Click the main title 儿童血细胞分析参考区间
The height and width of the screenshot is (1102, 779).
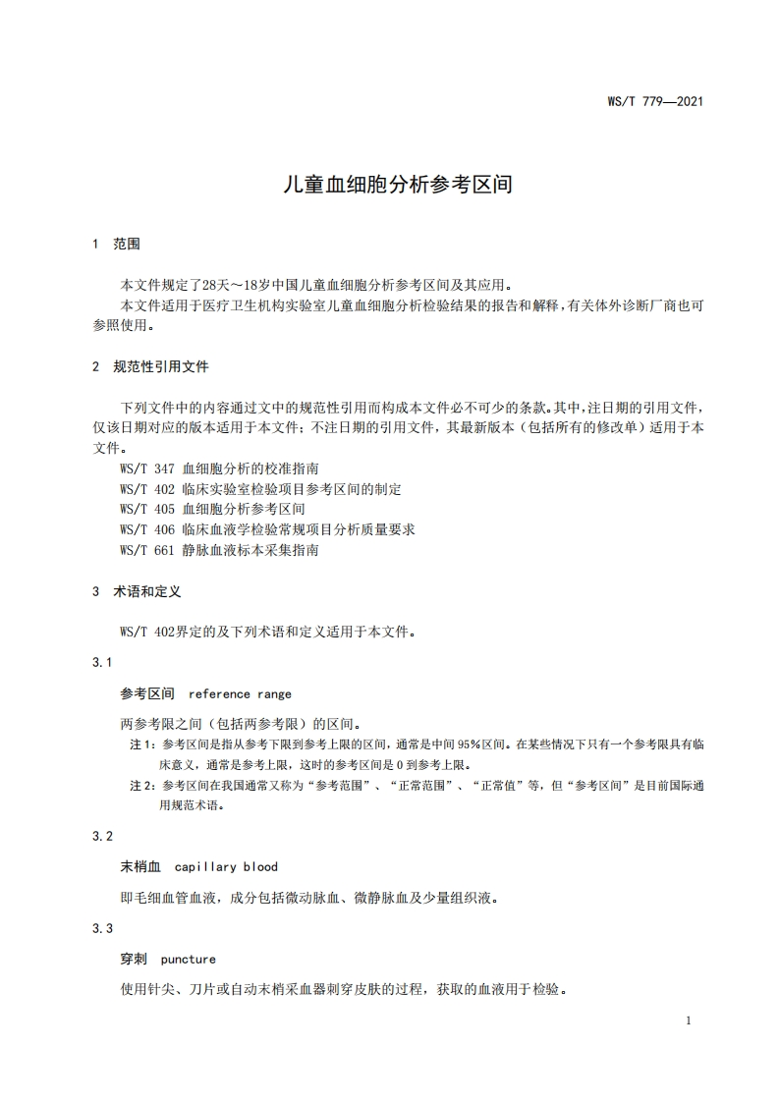pyautogui.click(x=389, y=184)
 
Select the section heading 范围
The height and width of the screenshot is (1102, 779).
pyautogui.click(x=127, y=243)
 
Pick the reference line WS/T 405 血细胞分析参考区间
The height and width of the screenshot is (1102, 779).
pyautogui.click(x=211, y=509)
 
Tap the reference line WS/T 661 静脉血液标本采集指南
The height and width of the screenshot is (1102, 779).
pyautogui.click(x=218, y=550)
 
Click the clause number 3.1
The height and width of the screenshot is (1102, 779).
pyautogui.click(x=102, y=663)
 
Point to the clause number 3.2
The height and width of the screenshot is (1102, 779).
pyautogui.click(x=102, y=836)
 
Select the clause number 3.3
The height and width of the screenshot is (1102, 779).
pyautogui.click(x=102, y=928)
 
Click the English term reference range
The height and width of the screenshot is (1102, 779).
pyautogui.click(x=240, y=694)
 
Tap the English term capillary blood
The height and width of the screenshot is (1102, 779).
pyautogui.click(x=226, y=866)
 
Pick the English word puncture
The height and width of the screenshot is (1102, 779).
pyautogui.click(x=188, y=959)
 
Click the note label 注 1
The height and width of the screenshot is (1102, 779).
pyautogui.click(x=143, y=744)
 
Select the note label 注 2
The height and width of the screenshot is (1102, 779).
pyautogui.click(x=143, y=786)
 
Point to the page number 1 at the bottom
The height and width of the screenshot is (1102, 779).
pyautogui.click(x=689, y=1020)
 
